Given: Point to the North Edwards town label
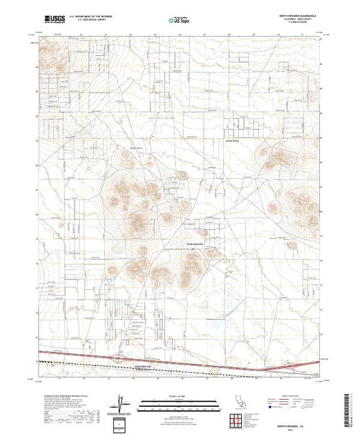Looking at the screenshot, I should click(x=198, y=242).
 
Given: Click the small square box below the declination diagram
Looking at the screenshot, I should click(x=122, y=421).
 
